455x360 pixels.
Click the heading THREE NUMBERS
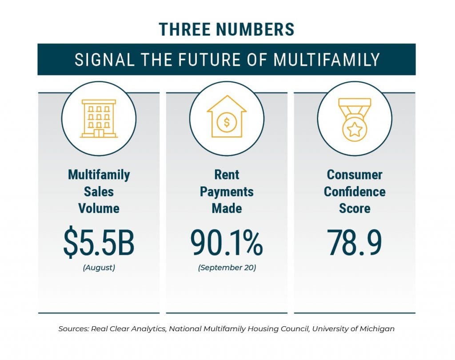(227, 29)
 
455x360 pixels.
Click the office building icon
(99, 118)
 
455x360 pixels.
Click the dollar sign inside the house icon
(227, 123)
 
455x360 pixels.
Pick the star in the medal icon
(354, 130)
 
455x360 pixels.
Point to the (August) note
(99, 268)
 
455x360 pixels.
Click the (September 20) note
(227, 268)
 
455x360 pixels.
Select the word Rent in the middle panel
(227, 174)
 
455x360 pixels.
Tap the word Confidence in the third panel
(354, 192)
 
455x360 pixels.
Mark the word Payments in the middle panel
(227, 192)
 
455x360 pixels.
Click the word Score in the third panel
(354, 209)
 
